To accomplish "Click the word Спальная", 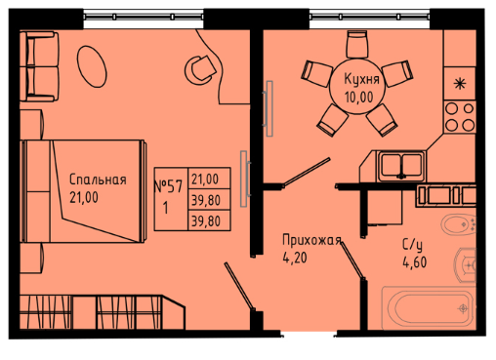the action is click(98, 180).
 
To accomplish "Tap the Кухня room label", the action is click(362, 79).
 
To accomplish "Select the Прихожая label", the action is click(311, 240).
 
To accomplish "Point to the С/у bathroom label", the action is click(413, 245).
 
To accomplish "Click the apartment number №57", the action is click(168, 186).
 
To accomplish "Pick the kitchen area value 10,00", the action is click(359, 97).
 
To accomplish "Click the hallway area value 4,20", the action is click(295, 259).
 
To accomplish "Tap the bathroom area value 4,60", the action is click(415, 262).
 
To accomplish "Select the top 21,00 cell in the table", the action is click(205, 179).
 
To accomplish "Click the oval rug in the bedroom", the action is click(92, 66).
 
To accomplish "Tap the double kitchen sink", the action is click(401, 166).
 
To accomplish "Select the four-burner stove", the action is click(460, 117).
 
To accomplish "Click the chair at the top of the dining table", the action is click(357, 44).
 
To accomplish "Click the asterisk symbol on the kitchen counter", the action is click(460, 84).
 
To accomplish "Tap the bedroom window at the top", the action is click(144, 16).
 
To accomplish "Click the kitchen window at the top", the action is click(369, 16).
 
